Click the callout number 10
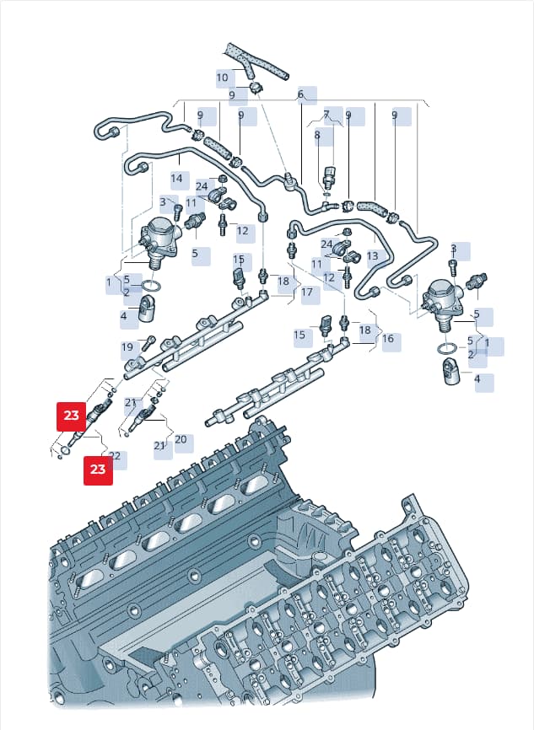222,78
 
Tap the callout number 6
300,94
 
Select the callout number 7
326,114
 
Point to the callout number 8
317,135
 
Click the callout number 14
176,178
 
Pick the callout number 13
372,255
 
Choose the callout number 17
306,293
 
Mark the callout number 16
388,339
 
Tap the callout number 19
127,346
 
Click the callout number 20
181,439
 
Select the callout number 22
115,455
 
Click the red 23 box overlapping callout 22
98,470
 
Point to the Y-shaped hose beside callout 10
257,62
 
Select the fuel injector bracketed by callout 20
143,415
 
